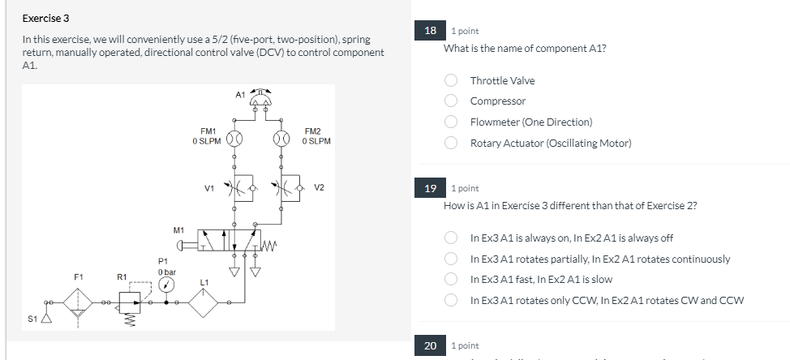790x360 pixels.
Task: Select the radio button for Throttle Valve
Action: [x=452, y=80]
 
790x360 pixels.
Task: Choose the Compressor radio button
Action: [x=452, y=101]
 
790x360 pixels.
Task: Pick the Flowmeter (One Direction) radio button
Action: [x=452, y=122]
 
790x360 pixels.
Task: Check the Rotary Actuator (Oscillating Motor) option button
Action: [x=452, y=144]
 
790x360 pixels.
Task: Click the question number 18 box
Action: [x=431, y=31]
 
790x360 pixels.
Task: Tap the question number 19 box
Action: [x=431, y=188]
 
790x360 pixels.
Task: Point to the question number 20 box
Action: [x=431, y=345]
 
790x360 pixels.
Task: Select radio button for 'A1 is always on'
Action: [x=452, y=238]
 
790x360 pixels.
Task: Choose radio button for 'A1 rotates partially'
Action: [x=452, y=259]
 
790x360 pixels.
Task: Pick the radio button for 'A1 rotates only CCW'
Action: [x=452, y=301]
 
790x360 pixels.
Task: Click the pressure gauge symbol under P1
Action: [x=166, y=285]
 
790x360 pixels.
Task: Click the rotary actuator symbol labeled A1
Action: [x=261, y=99]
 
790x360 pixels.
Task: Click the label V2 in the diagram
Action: [x=319, y=188]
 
